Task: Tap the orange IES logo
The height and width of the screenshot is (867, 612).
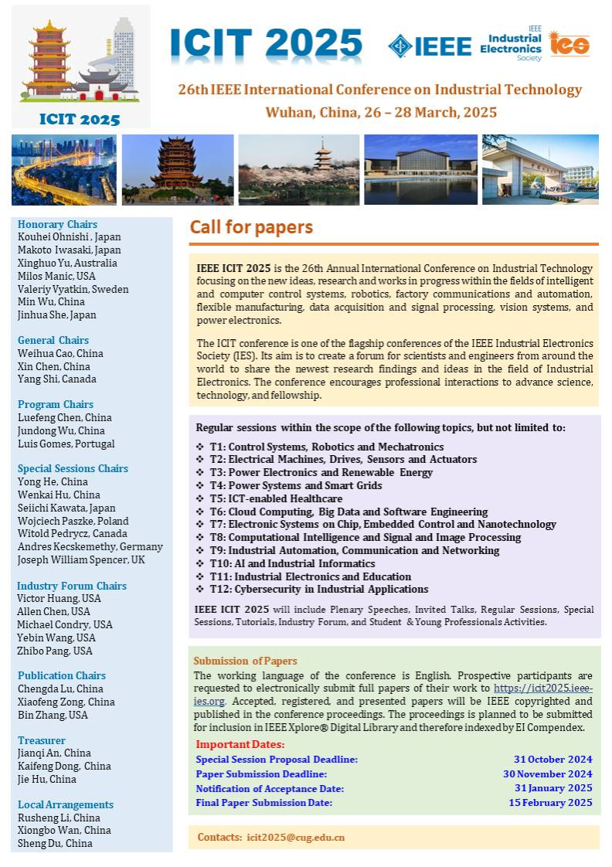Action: tap(569, 44)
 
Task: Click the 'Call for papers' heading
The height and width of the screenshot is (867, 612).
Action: tap(251, 227)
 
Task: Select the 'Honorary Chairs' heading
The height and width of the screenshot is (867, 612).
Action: tap(57, 224)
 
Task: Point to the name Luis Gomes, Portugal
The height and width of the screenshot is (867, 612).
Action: tap(66, 444)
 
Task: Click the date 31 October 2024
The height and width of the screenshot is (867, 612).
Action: tap(553, 760)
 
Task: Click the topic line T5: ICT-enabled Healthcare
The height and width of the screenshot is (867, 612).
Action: tap(276, 498)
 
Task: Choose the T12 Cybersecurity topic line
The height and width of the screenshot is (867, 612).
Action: tap(318, 590)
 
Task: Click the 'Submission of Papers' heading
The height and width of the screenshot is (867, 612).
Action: tap(245, 661)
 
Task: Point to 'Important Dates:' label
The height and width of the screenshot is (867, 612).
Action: tap(240, 744)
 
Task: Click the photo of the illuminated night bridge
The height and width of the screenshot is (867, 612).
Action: tap(64, 170)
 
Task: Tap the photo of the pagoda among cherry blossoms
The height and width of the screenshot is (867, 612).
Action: tap(298, 170)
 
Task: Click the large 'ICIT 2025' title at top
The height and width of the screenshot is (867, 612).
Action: tap(266, 44)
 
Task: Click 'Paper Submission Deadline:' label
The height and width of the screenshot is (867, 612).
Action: tap(261, 773)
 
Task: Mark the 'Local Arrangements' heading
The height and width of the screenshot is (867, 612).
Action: tap(66, 804)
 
